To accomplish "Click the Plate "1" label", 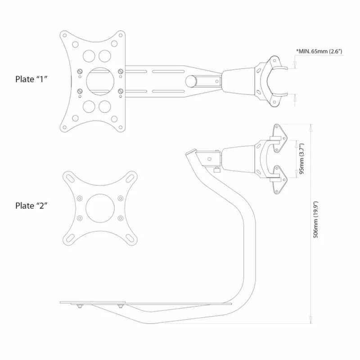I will (x=31, y=78).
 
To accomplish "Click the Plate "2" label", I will (x=31, y=206).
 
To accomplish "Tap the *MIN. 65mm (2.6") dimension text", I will (x=319, y=51).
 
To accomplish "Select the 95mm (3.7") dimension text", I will (x=301, y=159).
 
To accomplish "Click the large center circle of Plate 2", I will (x=99, y=207).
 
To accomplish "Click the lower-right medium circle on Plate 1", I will (x=105, y=106).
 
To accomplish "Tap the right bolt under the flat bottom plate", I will (x=120, y=306).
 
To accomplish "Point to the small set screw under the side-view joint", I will (x=216, y=170).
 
